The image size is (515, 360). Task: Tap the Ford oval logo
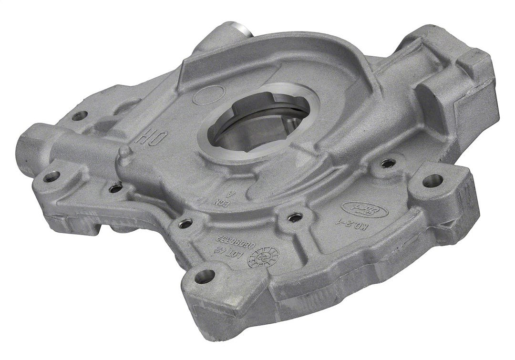click(x=355, y=208)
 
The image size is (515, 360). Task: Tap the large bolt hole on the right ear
click(x=432, y=180)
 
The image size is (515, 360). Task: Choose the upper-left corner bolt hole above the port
click(x=79, y=116)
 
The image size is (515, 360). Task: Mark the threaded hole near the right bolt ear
click(x=388, y=164)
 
